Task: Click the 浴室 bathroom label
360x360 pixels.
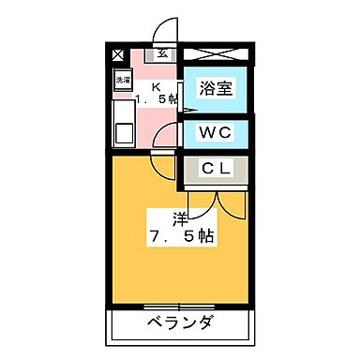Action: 217,89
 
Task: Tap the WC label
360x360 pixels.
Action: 217,131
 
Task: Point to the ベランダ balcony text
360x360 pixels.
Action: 181,324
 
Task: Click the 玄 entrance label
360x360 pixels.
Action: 163,53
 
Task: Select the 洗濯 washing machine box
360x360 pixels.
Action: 123,81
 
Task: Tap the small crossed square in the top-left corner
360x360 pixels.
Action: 117,54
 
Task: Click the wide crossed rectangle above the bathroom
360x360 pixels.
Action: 217,54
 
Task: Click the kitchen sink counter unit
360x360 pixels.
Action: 124,122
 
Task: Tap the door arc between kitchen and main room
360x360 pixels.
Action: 165,138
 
